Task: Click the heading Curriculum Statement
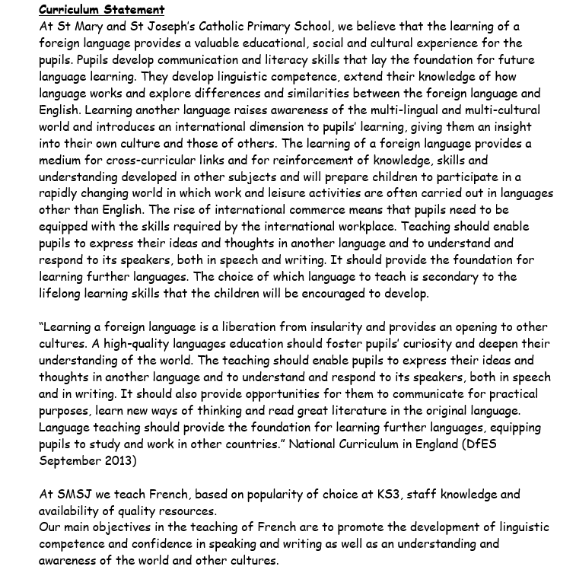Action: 101,10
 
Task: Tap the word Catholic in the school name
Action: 222,27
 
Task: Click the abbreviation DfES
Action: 479,444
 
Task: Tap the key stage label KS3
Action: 387,495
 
